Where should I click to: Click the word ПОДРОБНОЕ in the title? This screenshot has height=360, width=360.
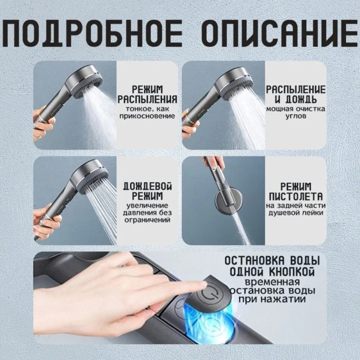tap(91, 33)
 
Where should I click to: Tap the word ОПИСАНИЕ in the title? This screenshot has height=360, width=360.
tap(280, 33)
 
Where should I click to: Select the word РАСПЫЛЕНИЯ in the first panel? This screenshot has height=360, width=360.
tap(148, 99)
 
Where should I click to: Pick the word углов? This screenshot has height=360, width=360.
tap(296, 116)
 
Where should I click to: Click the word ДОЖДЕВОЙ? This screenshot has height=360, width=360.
tap(148, 186)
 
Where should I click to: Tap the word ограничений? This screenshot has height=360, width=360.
tap(148, 220)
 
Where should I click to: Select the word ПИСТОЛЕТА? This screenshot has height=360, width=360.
tap(296, 197)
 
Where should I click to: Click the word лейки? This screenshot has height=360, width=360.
tap(313, 213)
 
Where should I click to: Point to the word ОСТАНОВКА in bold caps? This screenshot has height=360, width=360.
tap(254, 261)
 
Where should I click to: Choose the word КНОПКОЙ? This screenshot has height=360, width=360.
tap(292, 272)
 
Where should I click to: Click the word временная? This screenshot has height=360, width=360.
tap(272, 282)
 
